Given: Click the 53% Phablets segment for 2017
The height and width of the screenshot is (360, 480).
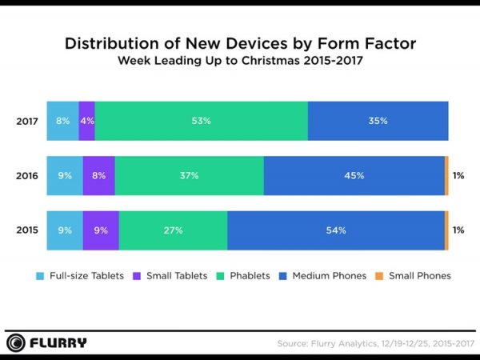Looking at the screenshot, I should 201,121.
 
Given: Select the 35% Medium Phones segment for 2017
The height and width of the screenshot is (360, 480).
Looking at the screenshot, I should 378,121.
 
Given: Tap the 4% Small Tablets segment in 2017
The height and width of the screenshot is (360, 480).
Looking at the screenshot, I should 87,121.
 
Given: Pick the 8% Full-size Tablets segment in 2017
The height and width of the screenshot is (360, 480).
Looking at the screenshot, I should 63,121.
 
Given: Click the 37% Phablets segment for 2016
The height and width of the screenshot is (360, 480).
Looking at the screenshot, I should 190,175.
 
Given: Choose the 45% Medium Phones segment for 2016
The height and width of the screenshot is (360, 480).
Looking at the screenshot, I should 354,175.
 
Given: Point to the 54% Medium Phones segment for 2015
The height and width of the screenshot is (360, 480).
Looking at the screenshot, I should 336,230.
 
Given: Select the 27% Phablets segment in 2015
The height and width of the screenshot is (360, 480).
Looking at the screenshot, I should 173,230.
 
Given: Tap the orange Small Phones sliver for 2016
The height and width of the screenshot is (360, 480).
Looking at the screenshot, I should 446,175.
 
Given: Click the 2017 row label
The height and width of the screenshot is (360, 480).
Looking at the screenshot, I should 26,121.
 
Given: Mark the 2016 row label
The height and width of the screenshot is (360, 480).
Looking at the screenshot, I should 26,175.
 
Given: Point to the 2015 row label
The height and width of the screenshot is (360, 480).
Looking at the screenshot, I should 26,230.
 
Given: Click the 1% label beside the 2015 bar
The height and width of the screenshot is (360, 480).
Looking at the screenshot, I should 458,230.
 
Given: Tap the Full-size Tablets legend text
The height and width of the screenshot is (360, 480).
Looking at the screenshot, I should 86,276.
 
